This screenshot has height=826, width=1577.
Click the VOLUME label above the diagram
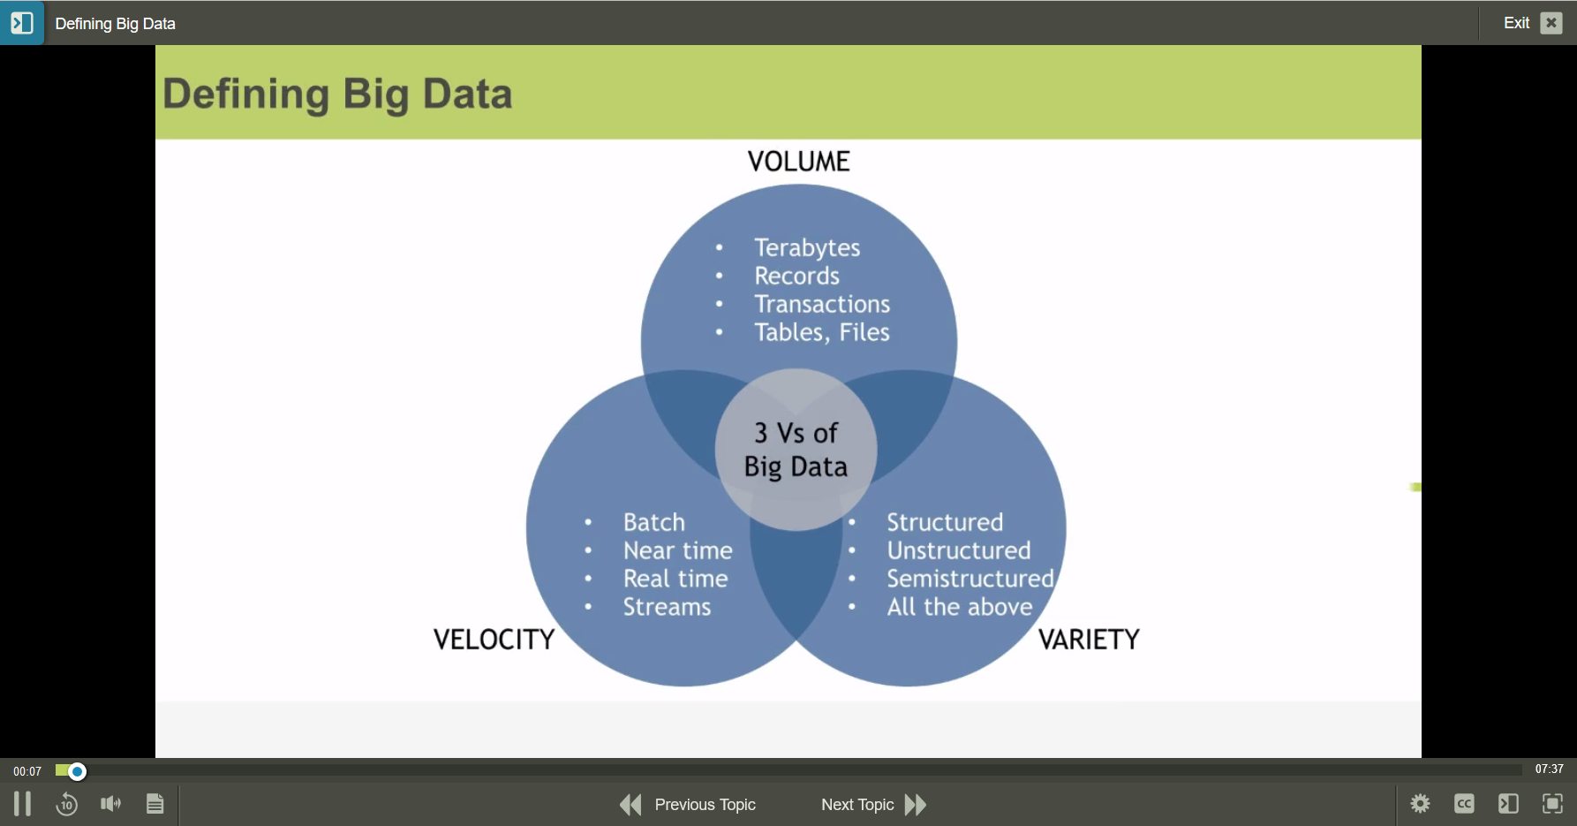[x=798, y=162]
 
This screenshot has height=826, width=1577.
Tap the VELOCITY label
[x=494, y=640]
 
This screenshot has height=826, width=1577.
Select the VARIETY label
[x=1089, y=640]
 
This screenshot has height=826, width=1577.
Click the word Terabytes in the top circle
[x=806, y=248]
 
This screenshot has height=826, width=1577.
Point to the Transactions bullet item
[x=821, y=305]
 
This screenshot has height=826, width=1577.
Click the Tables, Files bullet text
[x=821, y=333]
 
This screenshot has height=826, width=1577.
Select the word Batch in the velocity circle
[x=653, y=523]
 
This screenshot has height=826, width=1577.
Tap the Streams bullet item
[x=667, y=608]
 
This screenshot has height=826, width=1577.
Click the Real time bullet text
[x=675, y=580]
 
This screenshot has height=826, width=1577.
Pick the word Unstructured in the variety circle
[x=958, y=551]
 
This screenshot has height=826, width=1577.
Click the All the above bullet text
[x=959, y=608]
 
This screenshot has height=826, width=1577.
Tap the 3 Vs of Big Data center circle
[x=796, y=450]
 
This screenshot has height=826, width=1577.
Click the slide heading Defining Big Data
[x=337, y=94]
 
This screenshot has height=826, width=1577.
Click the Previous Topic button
[x=688, y=805]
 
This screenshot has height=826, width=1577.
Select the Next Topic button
[x=873, y=805]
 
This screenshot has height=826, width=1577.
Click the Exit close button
[x=1551, y=23]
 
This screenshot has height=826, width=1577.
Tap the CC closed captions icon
[x=1464, y=804]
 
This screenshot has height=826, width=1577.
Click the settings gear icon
[x=1420, y=804]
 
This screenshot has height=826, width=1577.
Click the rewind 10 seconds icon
[x=66, y=805]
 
